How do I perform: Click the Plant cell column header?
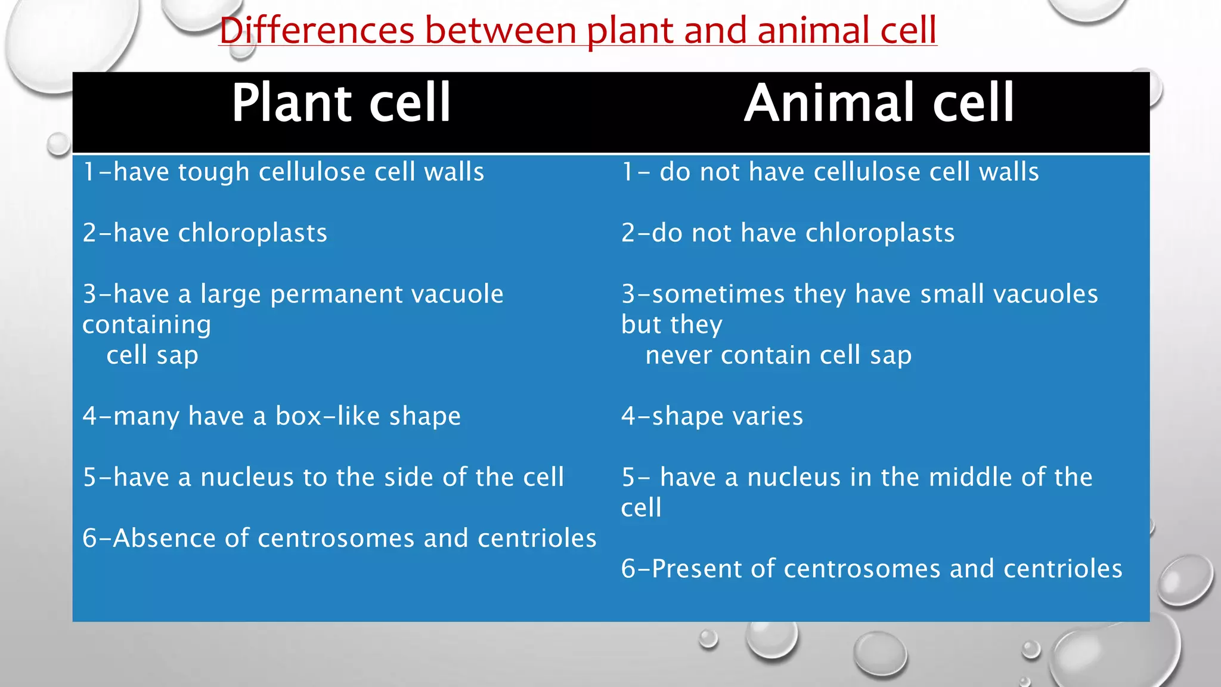tap(340, 103)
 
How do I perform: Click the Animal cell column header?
tap(879, 103)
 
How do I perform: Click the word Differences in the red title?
tap(317, 31)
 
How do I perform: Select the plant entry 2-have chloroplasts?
tap(205, 233)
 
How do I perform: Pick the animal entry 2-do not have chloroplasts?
tap(788, 233)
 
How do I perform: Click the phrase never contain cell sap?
tap(778, 355)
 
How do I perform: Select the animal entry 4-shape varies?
tap(712, 416)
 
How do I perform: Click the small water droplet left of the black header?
tap(59, 144)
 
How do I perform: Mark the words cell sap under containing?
tap(152, 355)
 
